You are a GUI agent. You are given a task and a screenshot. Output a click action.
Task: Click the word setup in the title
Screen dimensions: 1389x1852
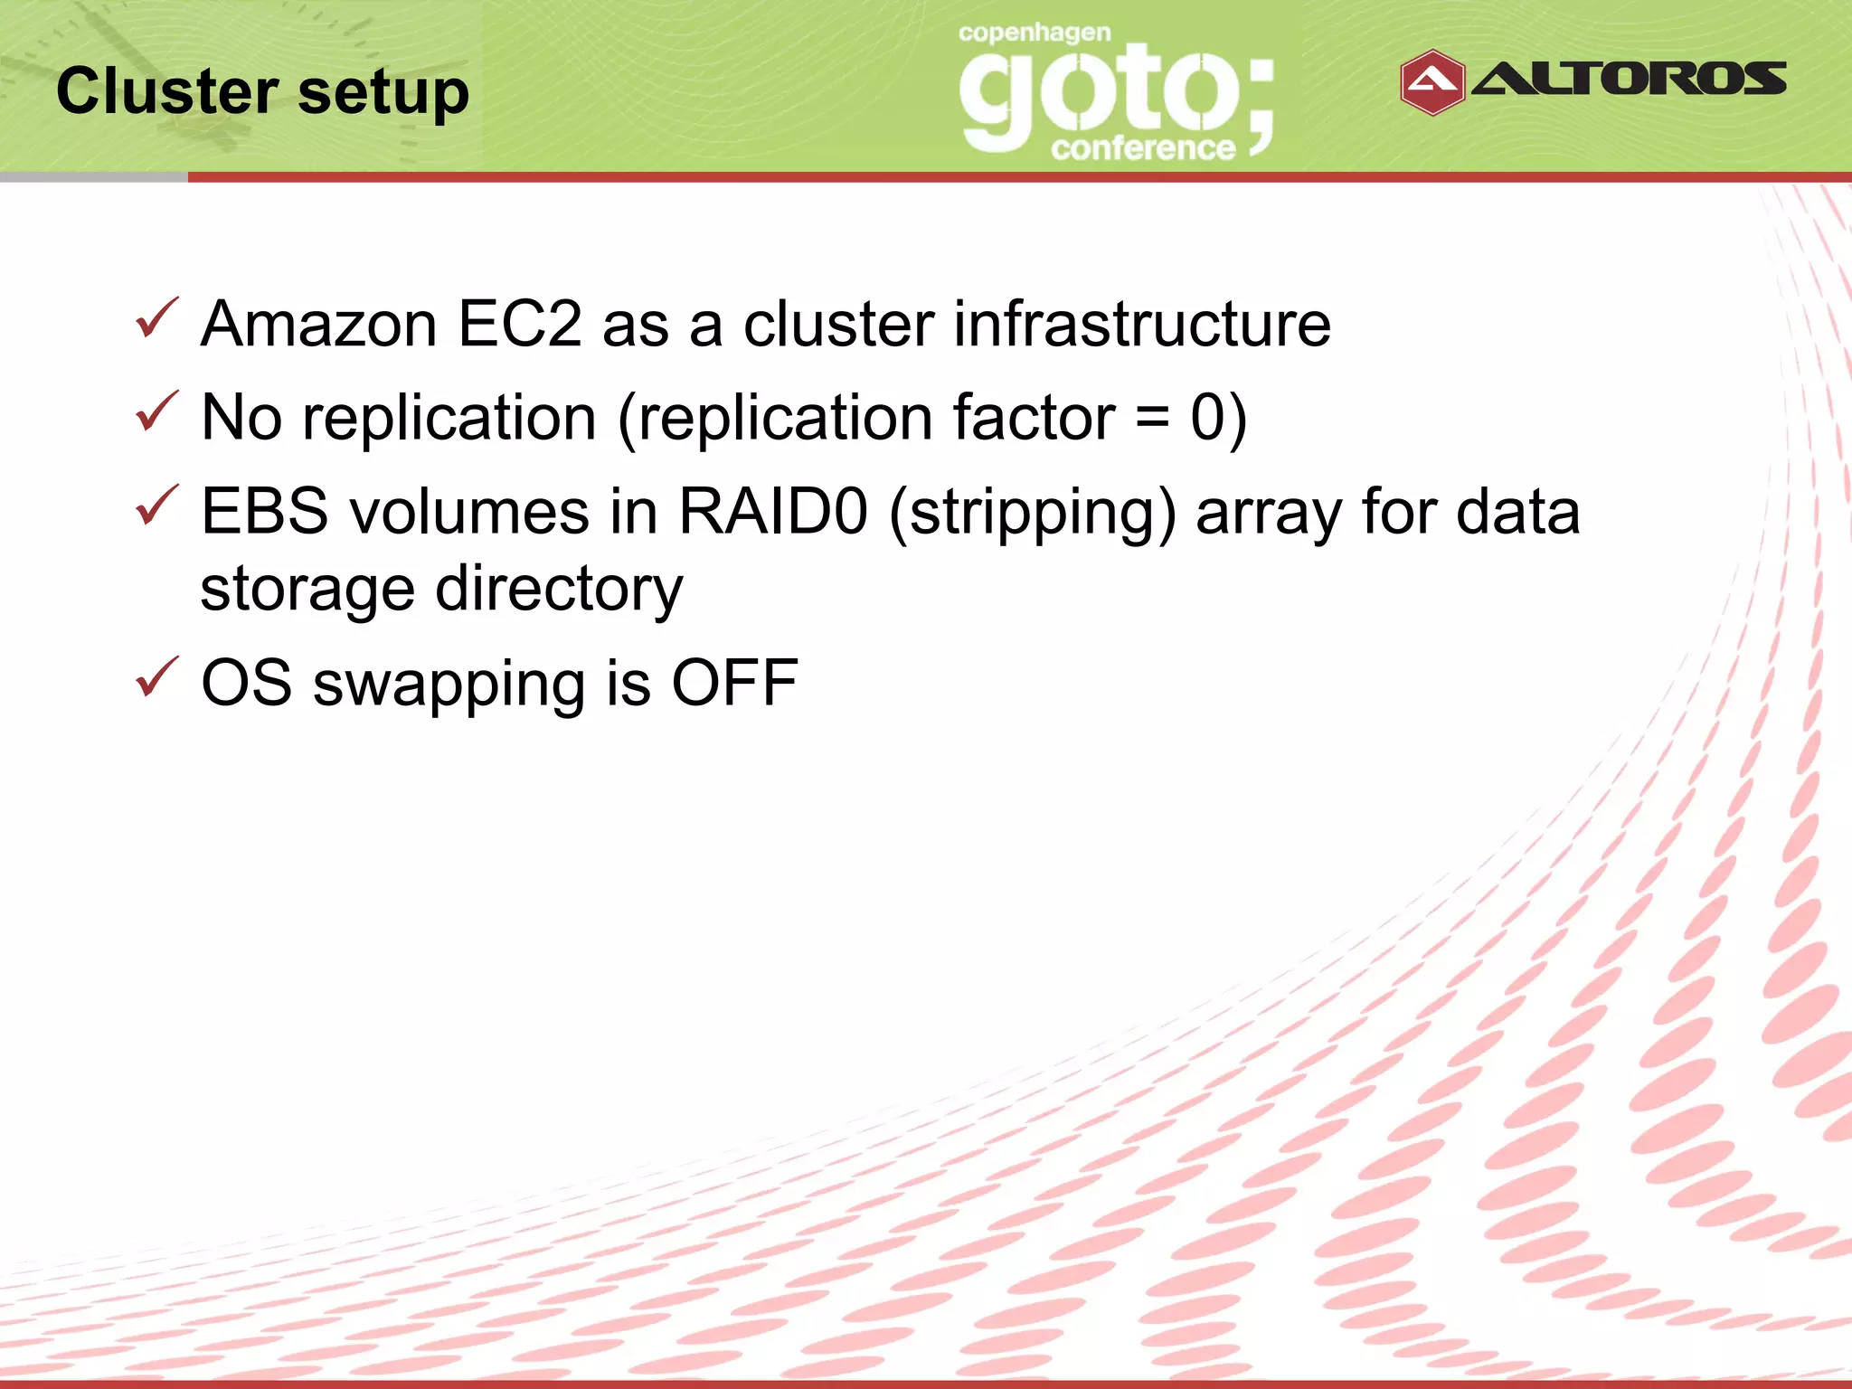click(x=383, y=93)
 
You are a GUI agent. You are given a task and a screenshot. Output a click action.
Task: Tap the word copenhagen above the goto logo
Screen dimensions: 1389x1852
click(x=1035, y=33)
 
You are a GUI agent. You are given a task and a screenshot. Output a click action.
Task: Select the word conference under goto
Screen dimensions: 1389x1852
click(x=1143, y=147)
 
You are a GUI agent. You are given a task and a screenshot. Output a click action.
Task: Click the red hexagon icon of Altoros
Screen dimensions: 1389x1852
click(x=1432, y=82)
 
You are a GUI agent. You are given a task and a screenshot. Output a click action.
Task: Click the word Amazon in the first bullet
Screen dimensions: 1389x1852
click(x=319, y=324)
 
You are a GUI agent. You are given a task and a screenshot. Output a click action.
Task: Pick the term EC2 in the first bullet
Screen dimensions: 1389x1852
click(x=520, y=324)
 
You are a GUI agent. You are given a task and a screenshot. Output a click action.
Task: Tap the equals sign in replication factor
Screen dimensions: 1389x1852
click(x=1153, y=420)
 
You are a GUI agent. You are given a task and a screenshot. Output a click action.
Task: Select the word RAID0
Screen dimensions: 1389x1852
click(x=773, y=511)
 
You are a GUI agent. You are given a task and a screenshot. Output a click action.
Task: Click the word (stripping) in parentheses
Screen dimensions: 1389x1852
click(x=1033, y=513)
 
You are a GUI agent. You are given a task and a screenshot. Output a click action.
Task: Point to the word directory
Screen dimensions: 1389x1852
click(x=559, y=590)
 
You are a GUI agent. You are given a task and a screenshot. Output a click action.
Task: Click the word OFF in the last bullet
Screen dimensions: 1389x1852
click(x=734, y=683)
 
